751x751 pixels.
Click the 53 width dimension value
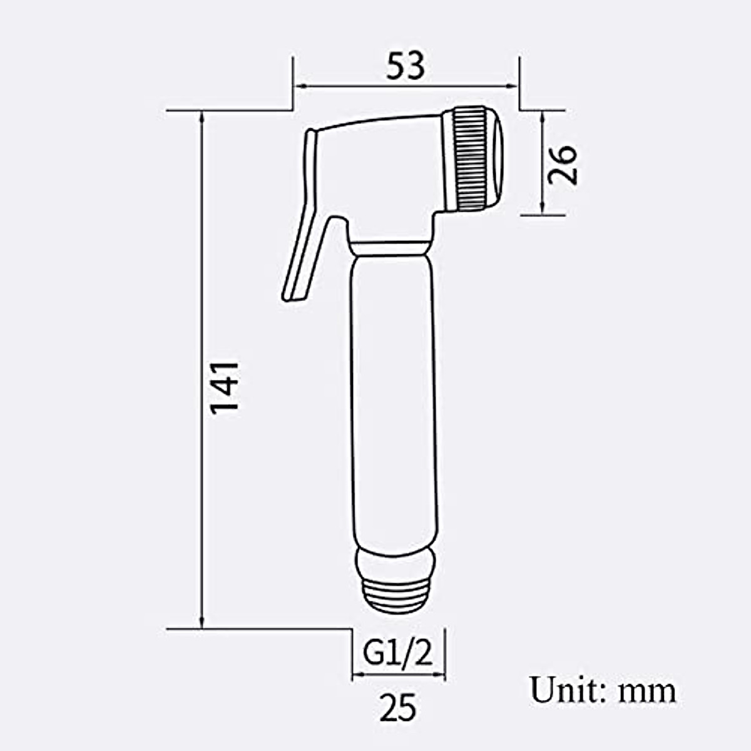[405, 66]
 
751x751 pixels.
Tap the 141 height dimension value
[225, 386]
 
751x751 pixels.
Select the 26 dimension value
[562, 164]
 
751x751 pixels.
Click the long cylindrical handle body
[392, 401]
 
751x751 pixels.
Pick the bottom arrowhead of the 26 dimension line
[542, 210]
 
